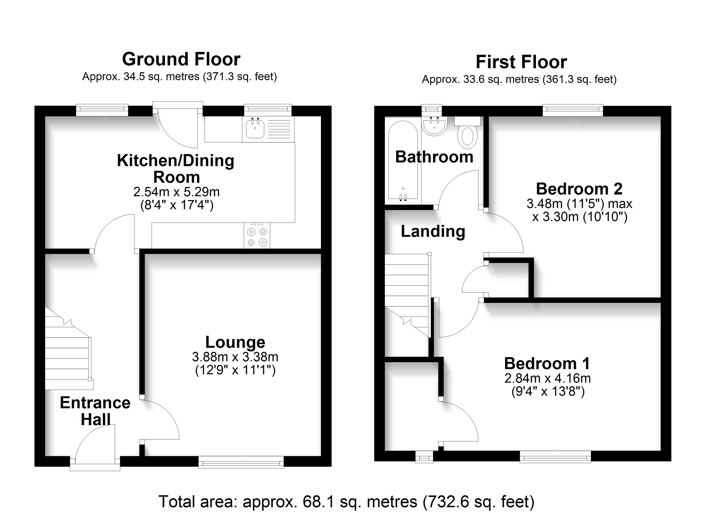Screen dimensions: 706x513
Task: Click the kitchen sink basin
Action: tap(255, 129)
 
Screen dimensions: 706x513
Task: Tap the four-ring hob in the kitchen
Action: tap(257, 236)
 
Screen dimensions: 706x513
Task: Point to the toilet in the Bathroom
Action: tap(467, 133)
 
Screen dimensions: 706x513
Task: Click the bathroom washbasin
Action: tap(435, 126)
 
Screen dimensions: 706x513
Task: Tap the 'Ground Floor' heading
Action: tap(181, 59)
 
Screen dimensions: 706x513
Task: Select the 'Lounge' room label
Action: tap(235, 342)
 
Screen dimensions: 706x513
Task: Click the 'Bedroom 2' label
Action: tap(579, 189)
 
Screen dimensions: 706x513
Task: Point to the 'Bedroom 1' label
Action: tap(547, 363)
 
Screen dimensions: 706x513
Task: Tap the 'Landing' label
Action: tap(433, 231)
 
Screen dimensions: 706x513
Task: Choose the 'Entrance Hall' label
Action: tap(95, 411)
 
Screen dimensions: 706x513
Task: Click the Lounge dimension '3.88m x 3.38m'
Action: tap(235, 357)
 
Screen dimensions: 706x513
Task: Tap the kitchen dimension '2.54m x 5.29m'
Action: tap(176, 192)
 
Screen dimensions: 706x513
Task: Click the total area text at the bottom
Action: tap(346, 501)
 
